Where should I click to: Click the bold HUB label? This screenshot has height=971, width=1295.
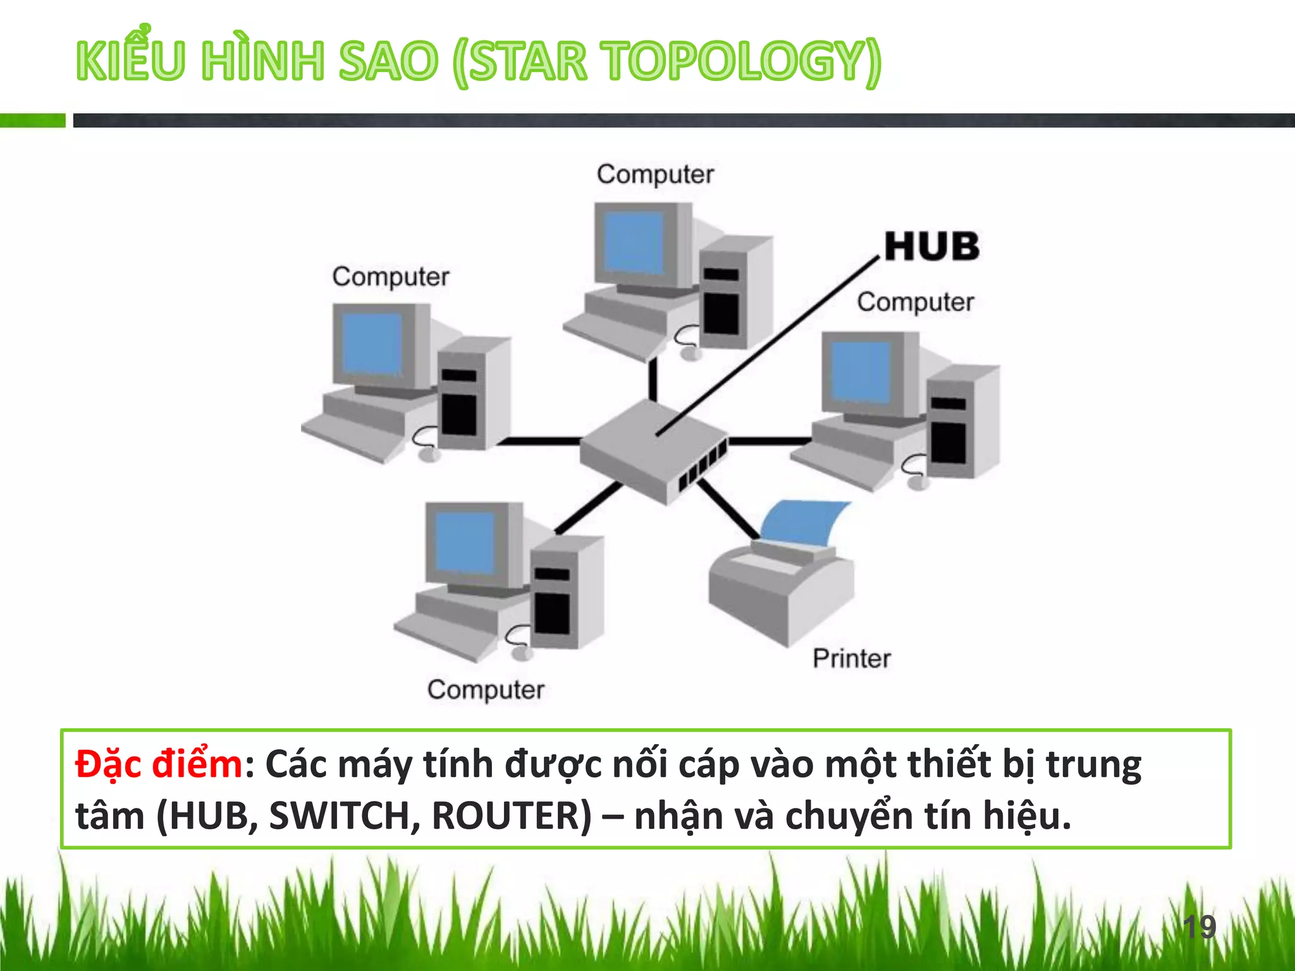coord(931,247)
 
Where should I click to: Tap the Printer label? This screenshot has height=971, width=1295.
coord(851,659)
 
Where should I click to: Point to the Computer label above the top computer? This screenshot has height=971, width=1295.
coord(655,174)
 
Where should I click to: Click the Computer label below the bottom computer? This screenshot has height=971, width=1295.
coord(486,690)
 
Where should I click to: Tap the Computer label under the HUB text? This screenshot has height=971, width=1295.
coord(915,302)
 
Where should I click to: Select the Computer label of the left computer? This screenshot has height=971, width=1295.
coord(391,277)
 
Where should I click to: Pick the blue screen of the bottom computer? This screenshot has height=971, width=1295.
coord(465,542)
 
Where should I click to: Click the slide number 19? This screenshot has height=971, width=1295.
coord(1199,927)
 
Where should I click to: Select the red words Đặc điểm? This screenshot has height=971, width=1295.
coord(159,764)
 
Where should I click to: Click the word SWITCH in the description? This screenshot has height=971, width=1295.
coord(344,816)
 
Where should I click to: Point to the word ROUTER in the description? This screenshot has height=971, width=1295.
coord(512,816)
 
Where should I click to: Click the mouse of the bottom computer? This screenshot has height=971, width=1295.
coord(521,652)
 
